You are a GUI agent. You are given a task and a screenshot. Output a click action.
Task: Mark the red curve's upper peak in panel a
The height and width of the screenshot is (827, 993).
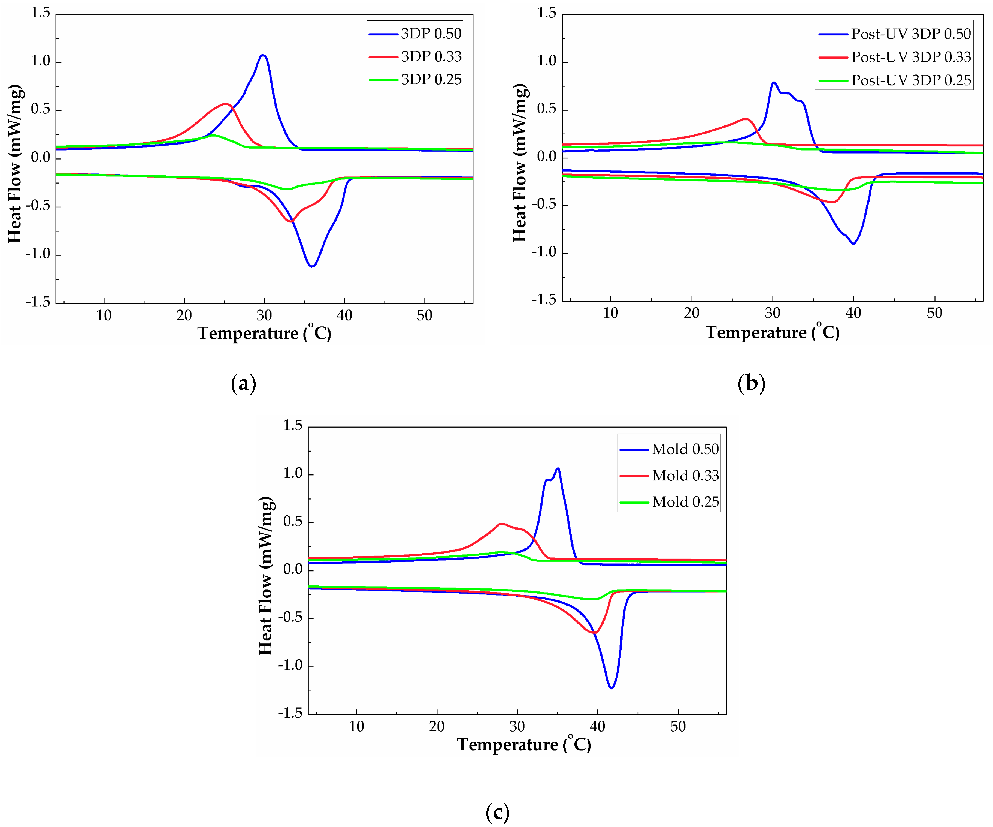pyautogui.click(x=226, y=104)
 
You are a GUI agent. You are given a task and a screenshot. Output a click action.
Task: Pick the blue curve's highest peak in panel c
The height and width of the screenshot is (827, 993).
pyautogui.click(x=558, y=468)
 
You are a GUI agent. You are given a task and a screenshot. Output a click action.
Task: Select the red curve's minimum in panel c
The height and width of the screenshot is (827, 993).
pyautogui.click(x=595, y=633)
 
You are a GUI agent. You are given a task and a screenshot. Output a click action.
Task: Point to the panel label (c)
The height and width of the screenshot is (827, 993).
pyautogui.click(x=497, y=813)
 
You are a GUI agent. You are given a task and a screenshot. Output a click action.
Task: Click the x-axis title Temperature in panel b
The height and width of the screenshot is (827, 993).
pyautogui.click(x=772, y=333)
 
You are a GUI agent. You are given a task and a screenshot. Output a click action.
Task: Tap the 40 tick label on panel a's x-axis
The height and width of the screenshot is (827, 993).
pyautogui.click(x=344, y=315)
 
